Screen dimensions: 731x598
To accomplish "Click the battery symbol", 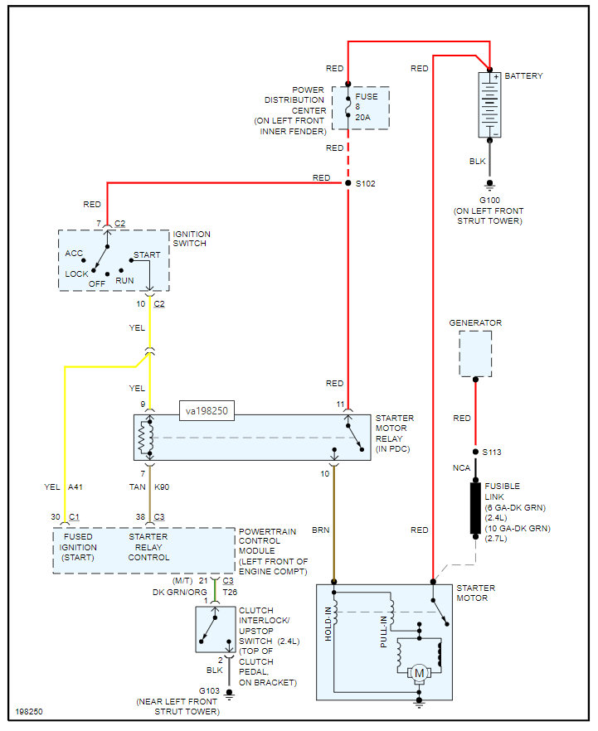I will point(490,104).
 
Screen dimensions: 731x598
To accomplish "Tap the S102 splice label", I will point(366,184).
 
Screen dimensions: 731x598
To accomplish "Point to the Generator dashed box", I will point(474,354).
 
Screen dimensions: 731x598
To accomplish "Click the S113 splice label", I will point(493,453).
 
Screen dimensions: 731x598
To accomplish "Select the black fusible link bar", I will point(475,507).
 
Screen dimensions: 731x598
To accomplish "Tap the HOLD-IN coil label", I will point(328,623).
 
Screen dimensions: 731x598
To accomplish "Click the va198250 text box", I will point(207,410).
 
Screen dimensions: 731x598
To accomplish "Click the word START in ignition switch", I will point(146,255).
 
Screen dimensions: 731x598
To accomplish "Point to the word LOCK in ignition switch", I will point(76,274).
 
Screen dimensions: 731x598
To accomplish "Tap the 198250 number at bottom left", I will point(30,711).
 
